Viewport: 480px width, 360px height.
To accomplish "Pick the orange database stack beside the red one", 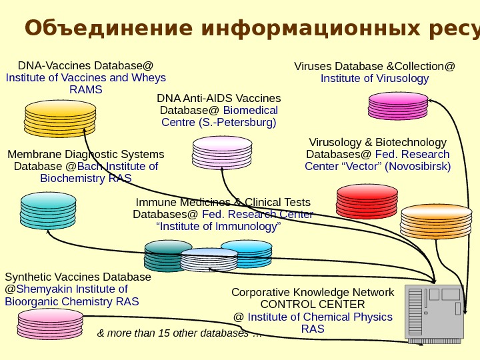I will [427, 221].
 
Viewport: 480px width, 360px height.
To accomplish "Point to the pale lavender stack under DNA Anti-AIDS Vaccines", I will [222, 153].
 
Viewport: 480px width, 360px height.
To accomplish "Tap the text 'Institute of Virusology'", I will [375, 79].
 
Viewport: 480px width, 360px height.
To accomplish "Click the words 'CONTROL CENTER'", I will [313, 305].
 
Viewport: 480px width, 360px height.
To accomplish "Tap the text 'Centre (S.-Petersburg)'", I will [219, 123].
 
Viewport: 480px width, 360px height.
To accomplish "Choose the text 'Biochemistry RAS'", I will [85, 179].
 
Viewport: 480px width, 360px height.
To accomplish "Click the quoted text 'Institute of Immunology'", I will [218, 227].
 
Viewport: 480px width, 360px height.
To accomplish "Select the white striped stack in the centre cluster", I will [209, 260].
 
